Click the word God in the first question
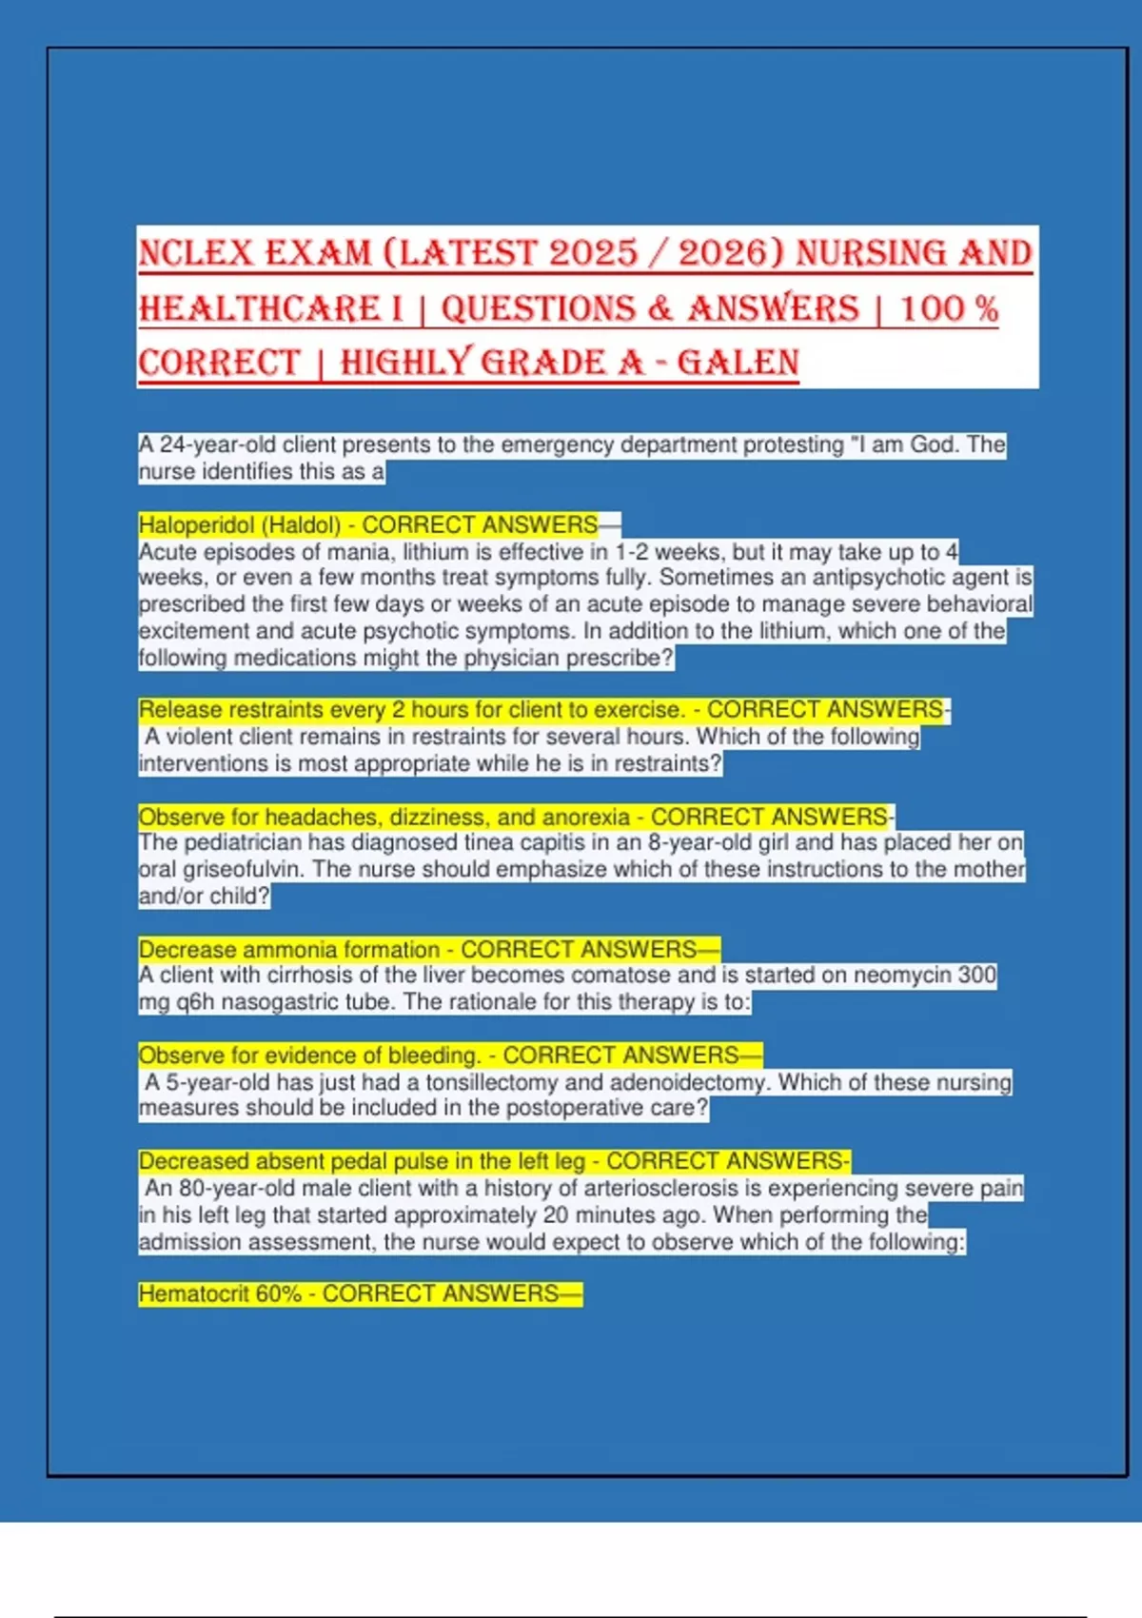(x=935, y=444)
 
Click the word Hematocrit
(x=193, y=1293)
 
